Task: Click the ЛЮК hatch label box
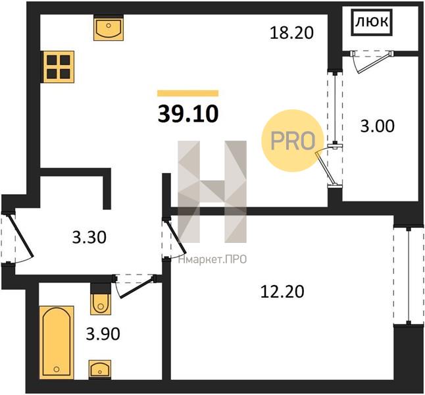[372, 22]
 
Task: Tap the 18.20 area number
[291, 34]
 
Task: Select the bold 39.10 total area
[188, 114]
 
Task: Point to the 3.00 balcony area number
[377, 126]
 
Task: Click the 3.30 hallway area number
[89, 238]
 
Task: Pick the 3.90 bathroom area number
[103, 334]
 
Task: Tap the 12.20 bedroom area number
[282, 292]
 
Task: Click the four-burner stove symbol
[58, 66]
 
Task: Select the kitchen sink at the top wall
[109, 28]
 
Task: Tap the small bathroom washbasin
[100, 368]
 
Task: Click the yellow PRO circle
[293, 140]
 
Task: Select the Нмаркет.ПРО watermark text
[213, 259]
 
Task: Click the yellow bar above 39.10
[188, 93]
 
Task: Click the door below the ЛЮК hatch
[372, 61]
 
